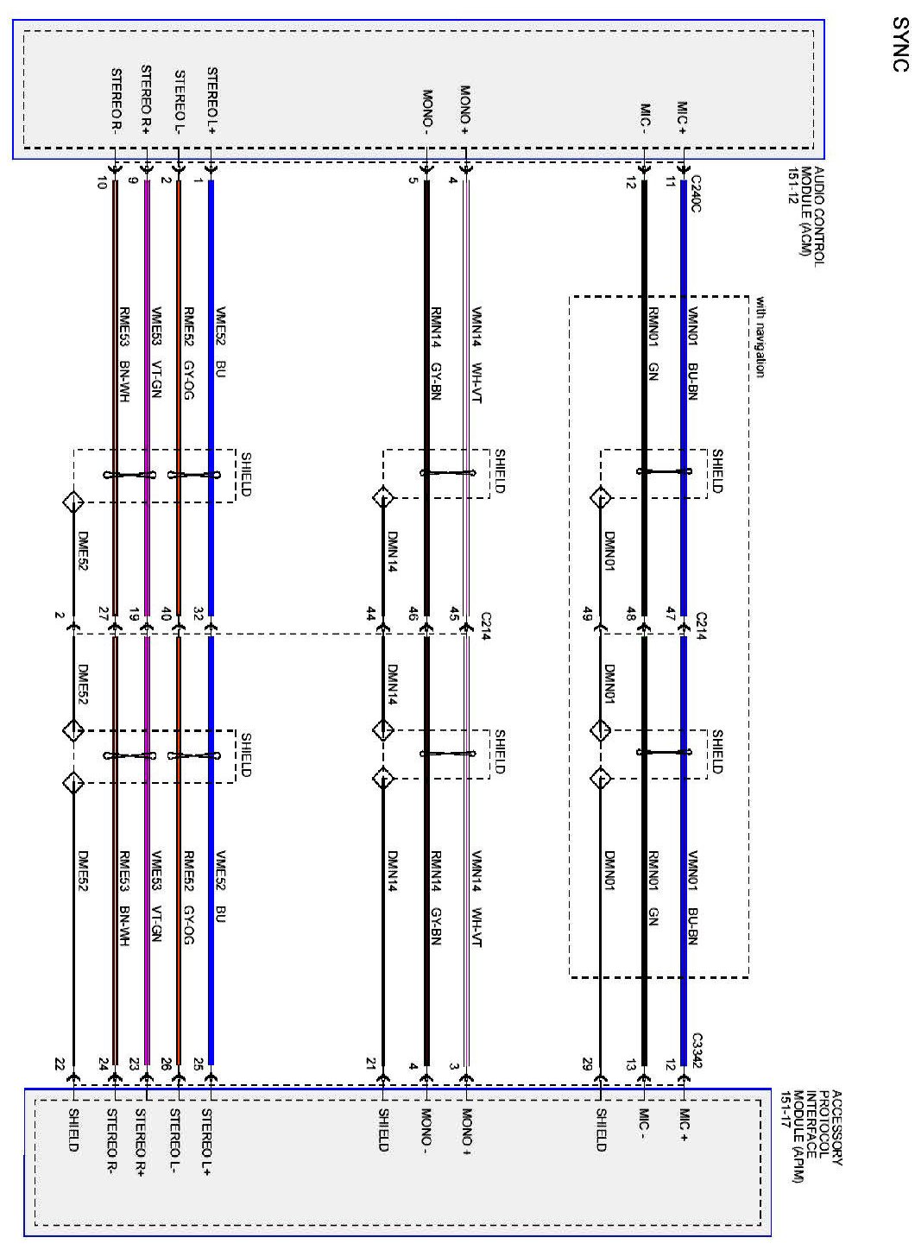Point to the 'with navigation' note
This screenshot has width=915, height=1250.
pyautogui.click(x=760, y=337)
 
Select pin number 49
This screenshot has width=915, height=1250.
pyautogui.click(x=588, y=615)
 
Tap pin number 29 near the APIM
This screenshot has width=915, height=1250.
pyautogui.click(x=588, y=1065)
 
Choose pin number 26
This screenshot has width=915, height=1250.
pyautogui.click(x=166, y=1065)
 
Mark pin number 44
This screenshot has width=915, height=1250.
pyautogui.click(x=371, y=615)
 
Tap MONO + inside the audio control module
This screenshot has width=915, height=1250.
pyautogui.click(x=464, y=110)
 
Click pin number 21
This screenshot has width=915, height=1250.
pyautogui.click(x=371, y=1065)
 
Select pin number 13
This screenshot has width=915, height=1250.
pyautogui.click(x=632, y=1065)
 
